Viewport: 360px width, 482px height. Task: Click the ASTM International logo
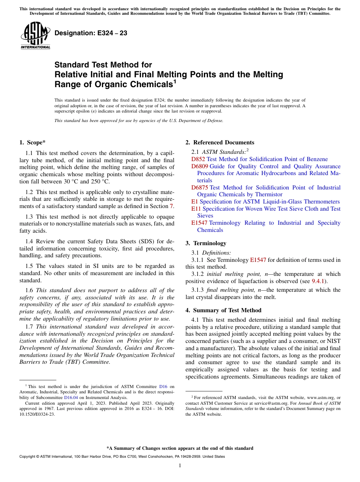point(35,36)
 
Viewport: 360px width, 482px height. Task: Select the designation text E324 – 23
point(91,33)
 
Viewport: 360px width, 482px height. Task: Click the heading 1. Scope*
point(32,142)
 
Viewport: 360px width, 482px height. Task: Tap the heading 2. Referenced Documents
point(220,142)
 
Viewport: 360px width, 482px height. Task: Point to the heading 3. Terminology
point(206,243)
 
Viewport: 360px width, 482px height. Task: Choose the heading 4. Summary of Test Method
point(223,310)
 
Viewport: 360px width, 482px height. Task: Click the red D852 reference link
point(198,159)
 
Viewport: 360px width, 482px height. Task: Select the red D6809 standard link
point(199,166)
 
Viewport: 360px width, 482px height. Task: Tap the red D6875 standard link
point(199,188)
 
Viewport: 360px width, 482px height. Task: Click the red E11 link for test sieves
point(196,209)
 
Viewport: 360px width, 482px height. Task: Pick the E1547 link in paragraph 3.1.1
point(258,260)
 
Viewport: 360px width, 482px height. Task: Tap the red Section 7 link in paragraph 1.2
point(172,206)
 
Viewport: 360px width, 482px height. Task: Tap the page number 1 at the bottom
point(180,465)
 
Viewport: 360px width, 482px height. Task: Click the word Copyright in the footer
point(28,457)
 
